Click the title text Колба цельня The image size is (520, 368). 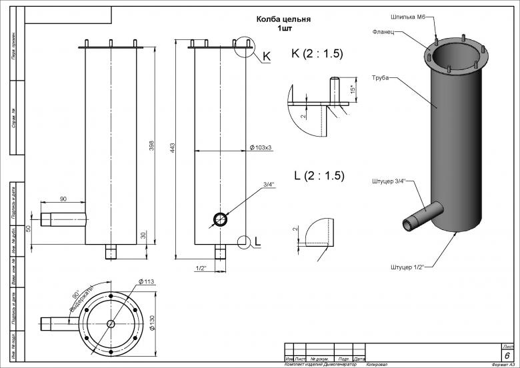tap(285, 20)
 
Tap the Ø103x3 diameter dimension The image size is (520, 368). tap(260, 147)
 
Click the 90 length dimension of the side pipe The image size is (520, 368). tap(63, 199)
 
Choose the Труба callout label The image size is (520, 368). tap(381, 78)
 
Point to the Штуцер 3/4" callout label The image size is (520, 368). tap(389, 181)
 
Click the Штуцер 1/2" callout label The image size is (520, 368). tap(407, 266)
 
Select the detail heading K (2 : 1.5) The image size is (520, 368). tap(317, 54)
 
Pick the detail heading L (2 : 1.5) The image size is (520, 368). tap(319, 176)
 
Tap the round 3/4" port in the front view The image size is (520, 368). tap(220, 219)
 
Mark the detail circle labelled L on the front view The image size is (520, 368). tap(244, 241)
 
